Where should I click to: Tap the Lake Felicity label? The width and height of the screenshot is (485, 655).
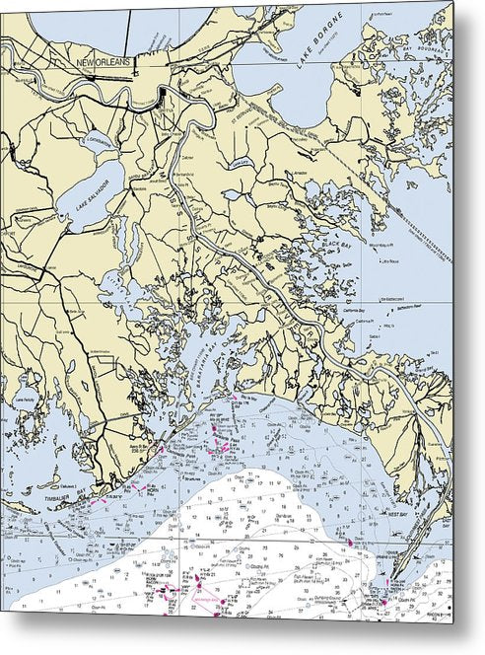(x=24, y=400)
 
